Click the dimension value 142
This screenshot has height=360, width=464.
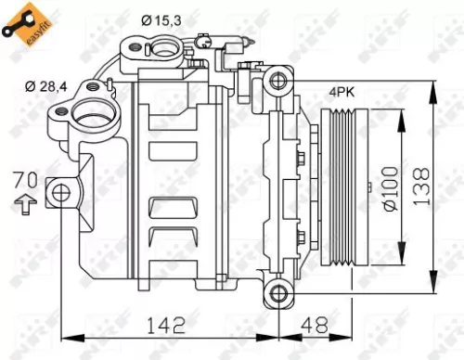[x=165, y=325]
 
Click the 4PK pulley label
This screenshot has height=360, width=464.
[x=339, y=92]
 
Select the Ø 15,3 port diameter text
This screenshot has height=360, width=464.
[x=163, y=19]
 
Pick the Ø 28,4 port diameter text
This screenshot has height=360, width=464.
[x=46, y=86]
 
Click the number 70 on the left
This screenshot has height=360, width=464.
[x=29, y=179]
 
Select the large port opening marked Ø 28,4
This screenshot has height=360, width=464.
[x=91, y=117]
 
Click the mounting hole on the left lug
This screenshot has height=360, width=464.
[x=61, y=193]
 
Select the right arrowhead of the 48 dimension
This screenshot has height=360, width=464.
[x=349, y=340]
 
